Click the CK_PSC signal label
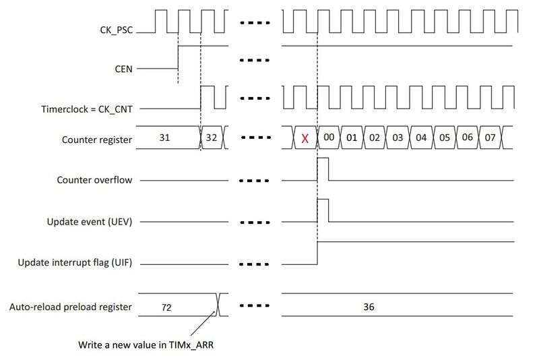pyautogui.click(x=116, y=30)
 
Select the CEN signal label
pyautogui.click(x=123, y=69)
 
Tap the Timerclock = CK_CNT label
pyautogui.click(x=87, y=109)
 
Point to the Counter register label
pyautogui.click(x=96, y=140)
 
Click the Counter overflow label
pyautogui.click(x=94, y=180)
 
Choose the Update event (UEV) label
pyautogui.click(x=90, y=222)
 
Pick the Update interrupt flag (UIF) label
pyautogui.click(x=75, y=263)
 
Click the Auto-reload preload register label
pyautogui.click(x=71, y=307)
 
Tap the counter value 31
pyautogui.click(x=164, y=138)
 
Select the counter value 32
pyautogui.click(x=212, y=138)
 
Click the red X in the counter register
pyautogui.click(x=305, y=139)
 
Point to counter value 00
pyautogui.click(x=329, y=138)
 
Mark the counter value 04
pyautogui.click(x=421, y=138)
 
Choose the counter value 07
pyautogui.click(x=490, y=138)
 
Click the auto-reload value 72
pyautogui.click(x=166, y=307)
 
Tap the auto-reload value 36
pyautogui.click(x=369, y=306)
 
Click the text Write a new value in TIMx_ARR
pyautogui.click(x=146, y=345)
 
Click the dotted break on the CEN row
pyautogui.click(x=255, y=61)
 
